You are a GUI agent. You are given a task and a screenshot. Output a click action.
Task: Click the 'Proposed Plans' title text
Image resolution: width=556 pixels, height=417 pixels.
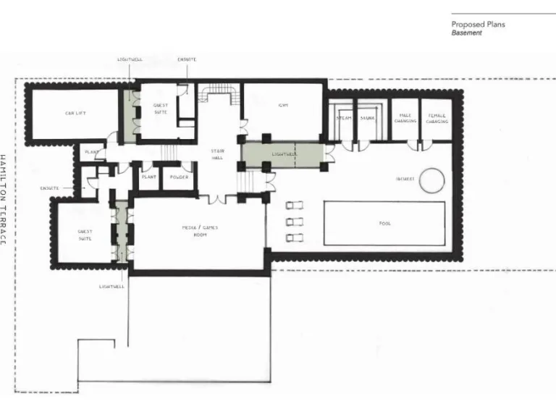(x=479, y=24)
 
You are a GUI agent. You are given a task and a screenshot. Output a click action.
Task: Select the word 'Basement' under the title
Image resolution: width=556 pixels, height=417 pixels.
(x=466, y=33)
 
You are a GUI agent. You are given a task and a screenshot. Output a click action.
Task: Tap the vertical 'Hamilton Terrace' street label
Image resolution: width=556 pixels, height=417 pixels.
(x=4, y=199)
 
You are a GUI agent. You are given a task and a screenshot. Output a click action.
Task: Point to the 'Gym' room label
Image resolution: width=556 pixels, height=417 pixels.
(x=283, y=106)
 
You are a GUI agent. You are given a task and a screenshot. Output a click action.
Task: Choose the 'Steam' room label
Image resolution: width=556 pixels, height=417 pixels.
(x=344, y=117)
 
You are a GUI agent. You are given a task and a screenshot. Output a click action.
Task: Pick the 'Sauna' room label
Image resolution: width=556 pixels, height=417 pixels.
(x=367, y=117)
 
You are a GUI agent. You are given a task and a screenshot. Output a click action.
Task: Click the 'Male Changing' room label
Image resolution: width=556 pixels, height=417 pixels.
(x=405, y=119)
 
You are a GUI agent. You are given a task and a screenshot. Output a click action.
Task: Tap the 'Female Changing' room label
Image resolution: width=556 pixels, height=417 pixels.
(x=437, y=119)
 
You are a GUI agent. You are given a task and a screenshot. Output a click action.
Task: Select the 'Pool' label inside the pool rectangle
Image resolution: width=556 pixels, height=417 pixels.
(x=384, y=224)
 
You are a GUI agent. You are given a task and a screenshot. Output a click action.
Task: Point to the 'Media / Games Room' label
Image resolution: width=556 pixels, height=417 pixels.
(x=200, y=231)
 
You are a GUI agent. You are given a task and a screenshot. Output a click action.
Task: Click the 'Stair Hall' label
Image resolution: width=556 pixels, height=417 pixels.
(x=218, y=154)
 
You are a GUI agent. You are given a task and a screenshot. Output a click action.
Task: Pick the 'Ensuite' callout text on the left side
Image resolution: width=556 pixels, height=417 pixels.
(x=50, y=188)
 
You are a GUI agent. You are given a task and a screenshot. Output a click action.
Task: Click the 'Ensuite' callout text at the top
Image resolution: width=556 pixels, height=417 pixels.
(x=187, y=59)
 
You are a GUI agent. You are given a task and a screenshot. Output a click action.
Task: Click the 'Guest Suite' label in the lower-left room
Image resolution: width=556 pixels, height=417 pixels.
(x=85, y=235)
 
